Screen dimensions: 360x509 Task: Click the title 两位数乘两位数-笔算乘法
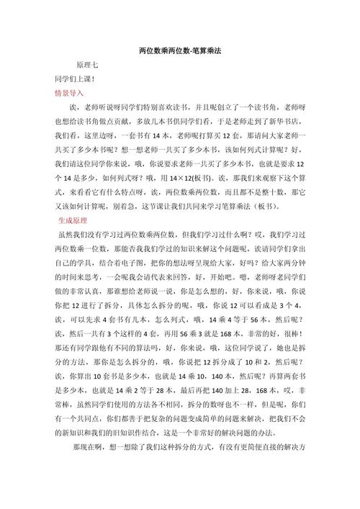[x=179, y=52]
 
